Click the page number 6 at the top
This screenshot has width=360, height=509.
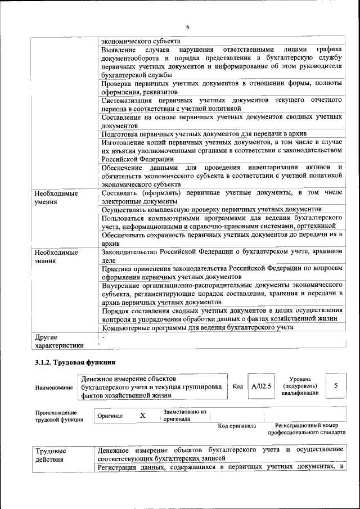coord(188,28)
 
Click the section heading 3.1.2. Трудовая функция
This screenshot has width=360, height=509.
coord(75,362)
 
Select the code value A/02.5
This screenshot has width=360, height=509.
coord(262,386)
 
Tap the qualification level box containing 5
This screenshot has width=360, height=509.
coord(336,386)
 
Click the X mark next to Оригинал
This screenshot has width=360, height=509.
coord(142,416)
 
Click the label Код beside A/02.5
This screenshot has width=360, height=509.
coord(237,386)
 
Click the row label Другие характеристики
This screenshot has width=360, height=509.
coord(59,341)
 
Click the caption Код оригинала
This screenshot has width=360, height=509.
coord(237,426)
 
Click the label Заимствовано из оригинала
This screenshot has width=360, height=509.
coord(185,416)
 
